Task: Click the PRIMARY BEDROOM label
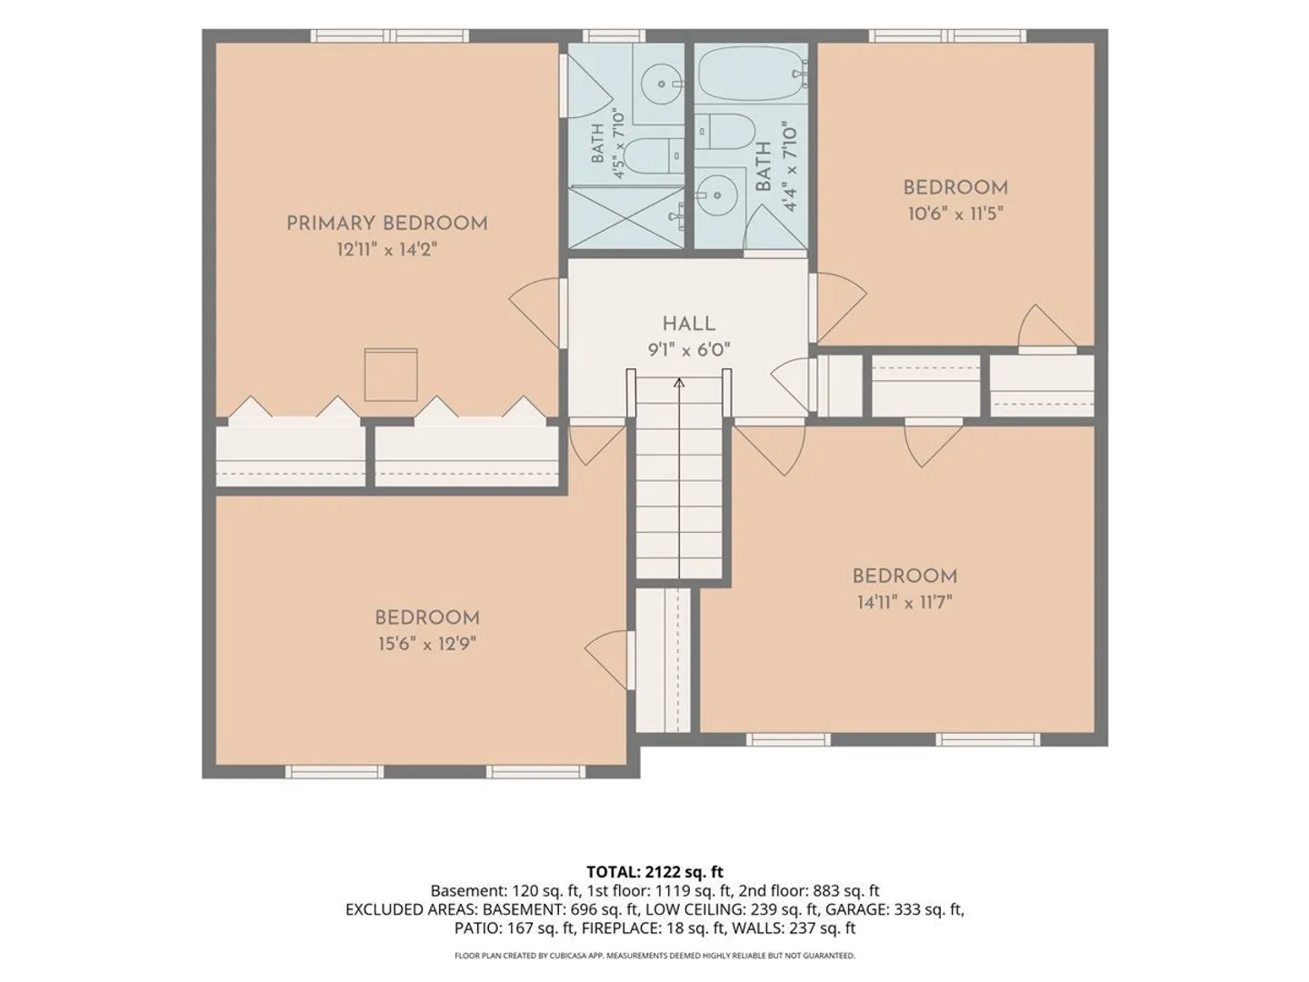coord(387,224)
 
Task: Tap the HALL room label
coord(689,324)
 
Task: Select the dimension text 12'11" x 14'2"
coord(387,249)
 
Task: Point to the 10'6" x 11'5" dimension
coord(955,214)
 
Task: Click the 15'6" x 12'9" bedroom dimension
coord(427,644)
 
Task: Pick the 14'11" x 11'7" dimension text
coord(904,602)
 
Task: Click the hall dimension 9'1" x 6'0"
coord(689,349)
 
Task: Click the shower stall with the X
coord(626,217)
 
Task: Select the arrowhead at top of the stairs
coord(679,382)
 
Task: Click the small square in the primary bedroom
coord(391,375)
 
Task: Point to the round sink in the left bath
coord(662,84)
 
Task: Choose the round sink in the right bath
coord(717,195)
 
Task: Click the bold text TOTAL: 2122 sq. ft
coord(654,872)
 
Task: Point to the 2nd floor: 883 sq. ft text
coord(809,891)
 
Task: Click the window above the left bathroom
coord(614,35)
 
